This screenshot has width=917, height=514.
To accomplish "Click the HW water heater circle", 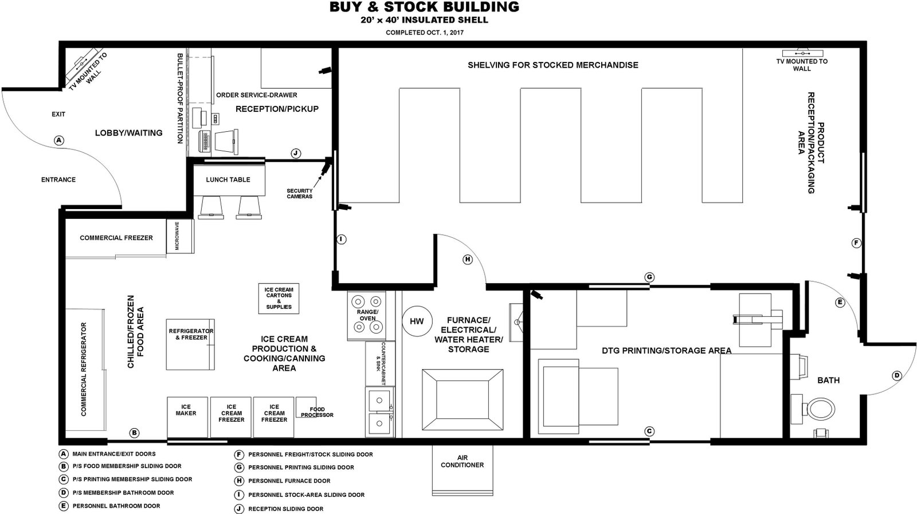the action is (x=417, y=321).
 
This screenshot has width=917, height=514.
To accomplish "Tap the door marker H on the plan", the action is (x=467, y=260).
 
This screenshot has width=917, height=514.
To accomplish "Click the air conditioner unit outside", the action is (x=463, y=470).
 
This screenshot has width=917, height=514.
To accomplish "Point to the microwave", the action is (x=179, y=236).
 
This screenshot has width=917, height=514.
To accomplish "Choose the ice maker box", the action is (x=187, y=417).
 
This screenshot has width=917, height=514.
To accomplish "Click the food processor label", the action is (x=318, y=412).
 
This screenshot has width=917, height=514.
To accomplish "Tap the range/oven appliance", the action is (x=367, y=316).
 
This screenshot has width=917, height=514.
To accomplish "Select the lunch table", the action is (x=229, y=180).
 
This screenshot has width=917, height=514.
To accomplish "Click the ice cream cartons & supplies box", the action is (x=279, y=299).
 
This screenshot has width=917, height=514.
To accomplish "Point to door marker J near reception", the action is (x=296, y=154).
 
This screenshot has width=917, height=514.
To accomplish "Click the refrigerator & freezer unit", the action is (x=190, y=344).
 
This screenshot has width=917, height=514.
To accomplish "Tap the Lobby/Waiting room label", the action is (x=128, y=133).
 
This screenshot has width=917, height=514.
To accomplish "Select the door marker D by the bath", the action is (x=896, y=376).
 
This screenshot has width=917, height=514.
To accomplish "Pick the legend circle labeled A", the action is (x=63, y=454).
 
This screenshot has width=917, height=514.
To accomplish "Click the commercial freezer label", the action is (x=116, y=238).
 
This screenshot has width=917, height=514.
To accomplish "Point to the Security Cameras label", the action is (x=300, y=194).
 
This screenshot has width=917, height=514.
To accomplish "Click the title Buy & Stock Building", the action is (x=425, y=7).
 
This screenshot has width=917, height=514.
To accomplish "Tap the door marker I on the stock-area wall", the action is (x=341, y=240).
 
